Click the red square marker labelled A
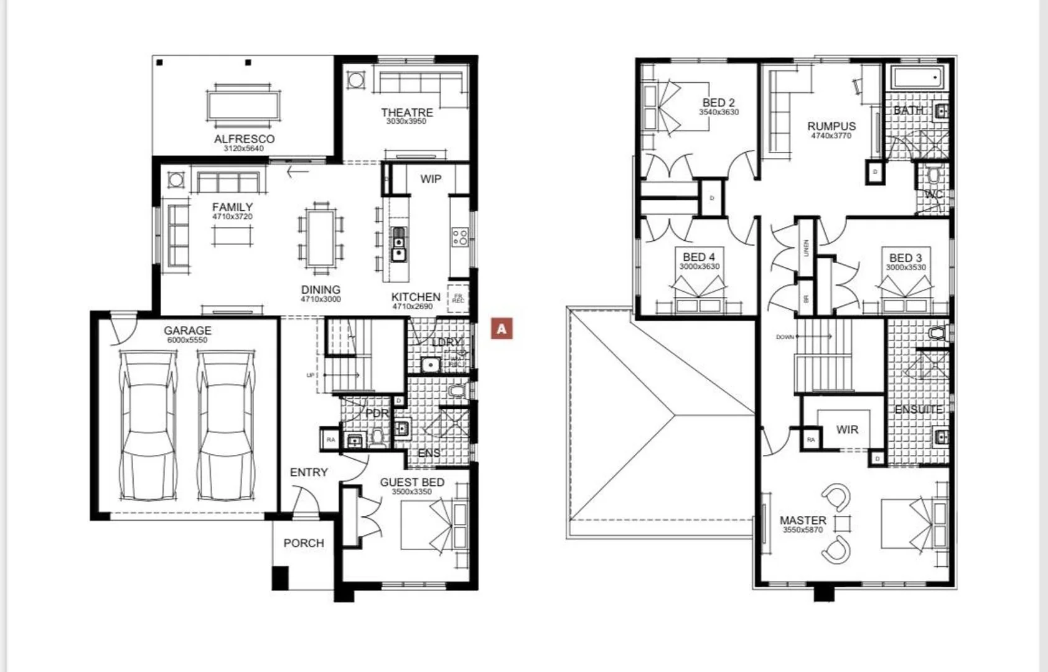(502, 329)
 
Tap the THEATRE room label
(407, 113)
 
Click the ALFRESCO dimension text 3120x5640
(243, 149)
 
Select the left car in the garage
(148, 426)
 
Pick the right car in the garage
(226, 426)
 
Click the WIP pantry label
(430, 179)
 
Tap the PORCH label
(304, 543)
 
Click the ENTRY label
(309, 473)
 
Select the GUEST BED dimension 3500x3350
(411, 492)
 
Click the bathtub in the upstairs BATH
(917, 78)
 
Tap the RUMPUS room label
(831, 126)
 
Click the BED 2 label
(718, 103)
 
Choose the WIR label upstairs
(847, 430)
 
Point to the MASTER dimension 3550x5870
(803, 530)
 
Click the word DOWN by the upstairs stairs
(785, 337)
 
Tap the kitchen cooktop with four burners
(460, 237)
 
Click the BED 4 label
(699, 257)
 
